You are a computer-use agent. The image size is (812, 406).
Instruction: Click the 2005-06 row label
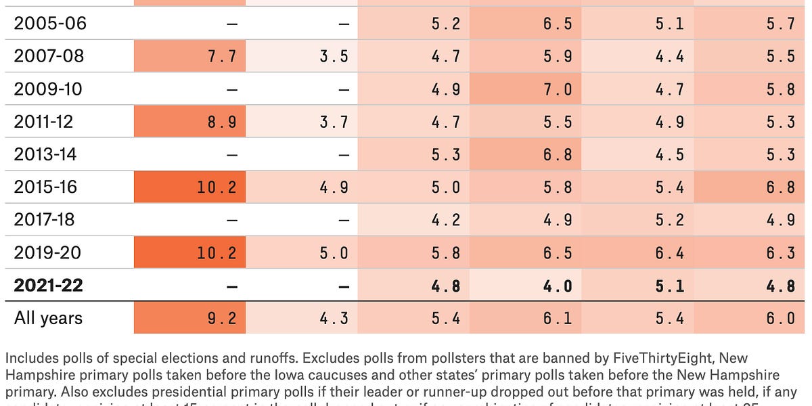[49, 24]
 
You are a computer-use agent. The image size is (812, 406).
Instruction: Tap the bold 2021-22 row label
[48, 285]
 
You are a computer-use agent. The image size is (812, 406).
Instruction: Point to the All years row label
[48, 318]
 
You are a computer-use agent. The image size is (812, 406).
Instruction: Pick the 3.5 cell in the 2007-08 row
[334, 57]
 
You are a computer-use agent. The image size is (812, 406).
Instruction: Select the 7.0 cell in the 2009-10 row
[558, 89]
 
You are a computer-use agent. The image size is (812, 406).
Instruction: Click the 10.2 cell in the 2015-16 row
[217, 187]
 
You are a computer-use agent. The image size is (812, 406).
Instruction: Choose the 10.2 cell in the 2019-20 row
[217, 253]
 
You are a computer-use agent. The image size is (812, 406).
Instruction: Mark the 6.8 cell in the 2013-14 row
[558, 155]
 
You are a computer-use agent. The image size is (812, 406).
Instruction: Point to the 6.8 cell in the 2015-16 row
[780, 187]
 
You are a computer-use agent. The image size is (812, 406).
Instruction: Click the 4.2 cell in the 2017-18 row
[446, 220]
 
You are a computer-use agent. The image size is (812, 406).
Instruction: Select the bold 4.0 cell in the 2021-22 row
[558, 286]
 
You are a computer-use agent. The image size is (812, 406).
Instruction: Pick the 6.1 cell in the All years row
[558, 318]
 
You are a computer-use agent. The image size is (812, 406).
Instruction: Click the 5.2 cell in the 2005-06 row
[446, 24]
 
